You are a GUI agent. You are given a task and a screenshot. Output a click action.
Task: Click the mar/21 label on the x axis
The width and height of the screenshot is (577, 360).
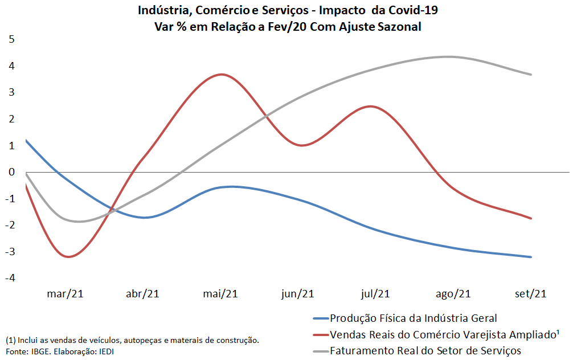coord(66,294)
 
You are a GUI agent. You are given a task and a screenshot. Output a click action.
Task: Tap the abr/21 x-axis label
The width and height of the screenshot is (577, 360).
coord(142,294)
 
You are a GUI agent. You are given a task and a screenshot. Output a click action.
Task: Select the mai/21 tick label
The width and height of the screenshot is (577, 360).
coord(220,294)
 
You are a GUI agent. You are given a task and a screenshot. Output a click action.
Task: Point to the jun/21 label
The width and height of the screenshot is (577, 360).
coord(298,294)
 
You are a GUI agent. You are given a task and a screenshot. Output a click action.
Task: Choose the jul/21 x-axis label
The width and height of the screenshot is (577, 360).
coord(376,294)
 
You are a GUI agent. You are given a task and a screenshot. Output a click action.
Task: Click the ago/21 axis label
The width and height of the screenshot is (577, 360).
coord(453,294)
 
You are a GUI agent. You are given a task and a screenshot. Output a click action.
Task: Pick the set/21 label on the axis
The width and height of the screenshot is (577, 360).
coord(531,294)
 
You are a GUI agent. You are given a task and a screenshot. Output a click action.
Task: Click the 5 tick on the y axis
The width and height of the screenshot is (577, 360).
coord(11,39)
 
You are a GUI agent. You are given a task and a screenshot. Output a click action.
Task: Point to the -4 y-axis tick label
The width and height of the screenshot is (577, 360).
coord(9,278)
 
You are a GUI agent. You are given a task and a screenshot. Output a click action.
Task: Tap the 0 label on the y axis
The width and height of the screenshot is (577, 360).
coord(11,172)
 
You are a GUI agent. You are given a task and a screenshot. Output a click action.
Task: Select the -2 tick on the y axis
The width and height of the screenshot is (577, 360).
coord(9,225)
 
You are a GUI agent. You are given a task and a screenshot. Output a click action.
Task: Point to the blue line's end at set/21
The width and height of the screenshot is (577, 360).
coord(531,257)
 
